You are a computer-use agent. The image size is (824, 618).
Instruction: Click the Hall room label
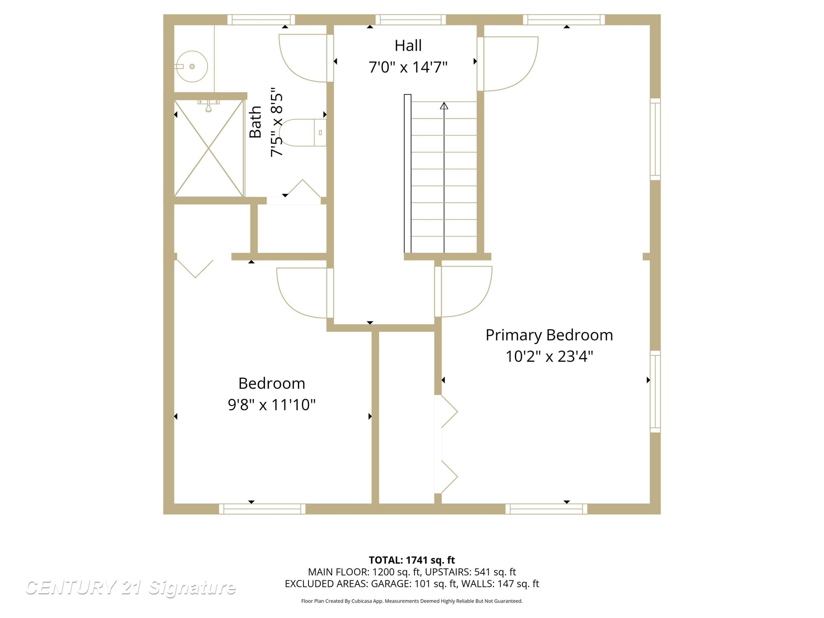pos(408,46)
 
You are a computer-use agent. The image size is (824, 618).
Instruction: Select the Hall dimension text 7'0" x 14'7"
pos(408,67)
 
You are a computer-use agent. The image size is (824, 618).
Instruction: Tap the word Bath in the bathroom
pos(255,122)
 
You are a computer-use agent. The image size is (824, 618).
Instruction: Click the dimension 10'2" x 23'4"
pos(549,357)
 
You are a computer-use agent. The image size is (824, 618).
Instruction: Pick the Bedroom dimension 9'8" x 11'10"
pos(272,405)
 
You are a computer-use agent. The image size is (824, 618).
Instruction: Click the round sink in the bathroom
pos(191,66)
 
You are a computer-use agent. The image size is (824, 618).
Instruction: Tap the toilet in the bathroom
pos(302,133)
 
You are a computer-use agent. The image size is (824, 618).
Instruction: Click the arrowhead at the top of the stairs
pos(444,106)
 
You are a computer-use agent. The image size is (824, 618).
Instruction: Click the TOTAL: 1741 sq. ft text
pos(412,560)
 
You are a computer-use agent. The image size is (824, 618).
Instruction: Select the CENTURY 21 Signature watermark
pos(130,588)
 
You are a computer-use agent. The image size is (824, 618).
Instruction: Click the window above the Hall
pos(411,20)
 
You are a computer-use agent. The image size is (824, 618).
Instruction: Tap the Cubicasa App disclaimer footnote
pos(412,601)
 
